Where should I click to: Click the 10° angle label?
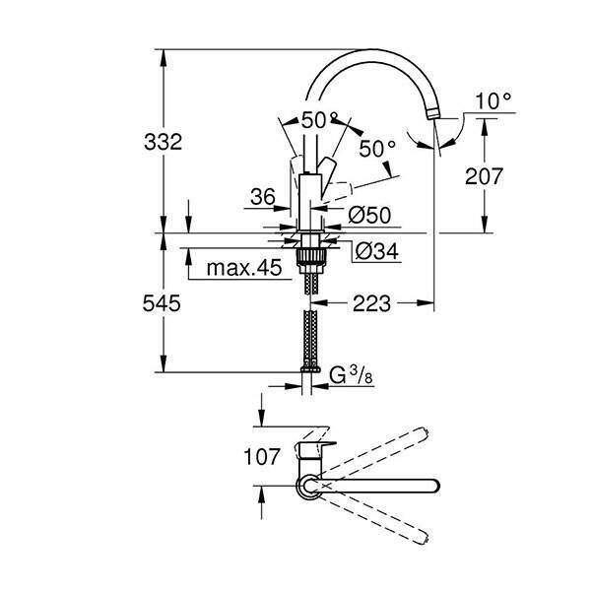coord(492,100)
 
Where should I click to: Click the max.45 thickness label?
coord(244,267)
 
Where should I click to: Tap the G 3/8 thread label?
coord(350,375)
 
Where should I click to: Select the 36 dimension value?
coord(262,198)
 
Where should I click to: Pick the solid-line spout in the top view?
coord(384,485)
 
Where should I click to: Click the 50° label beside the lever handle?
coord(376,150)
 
